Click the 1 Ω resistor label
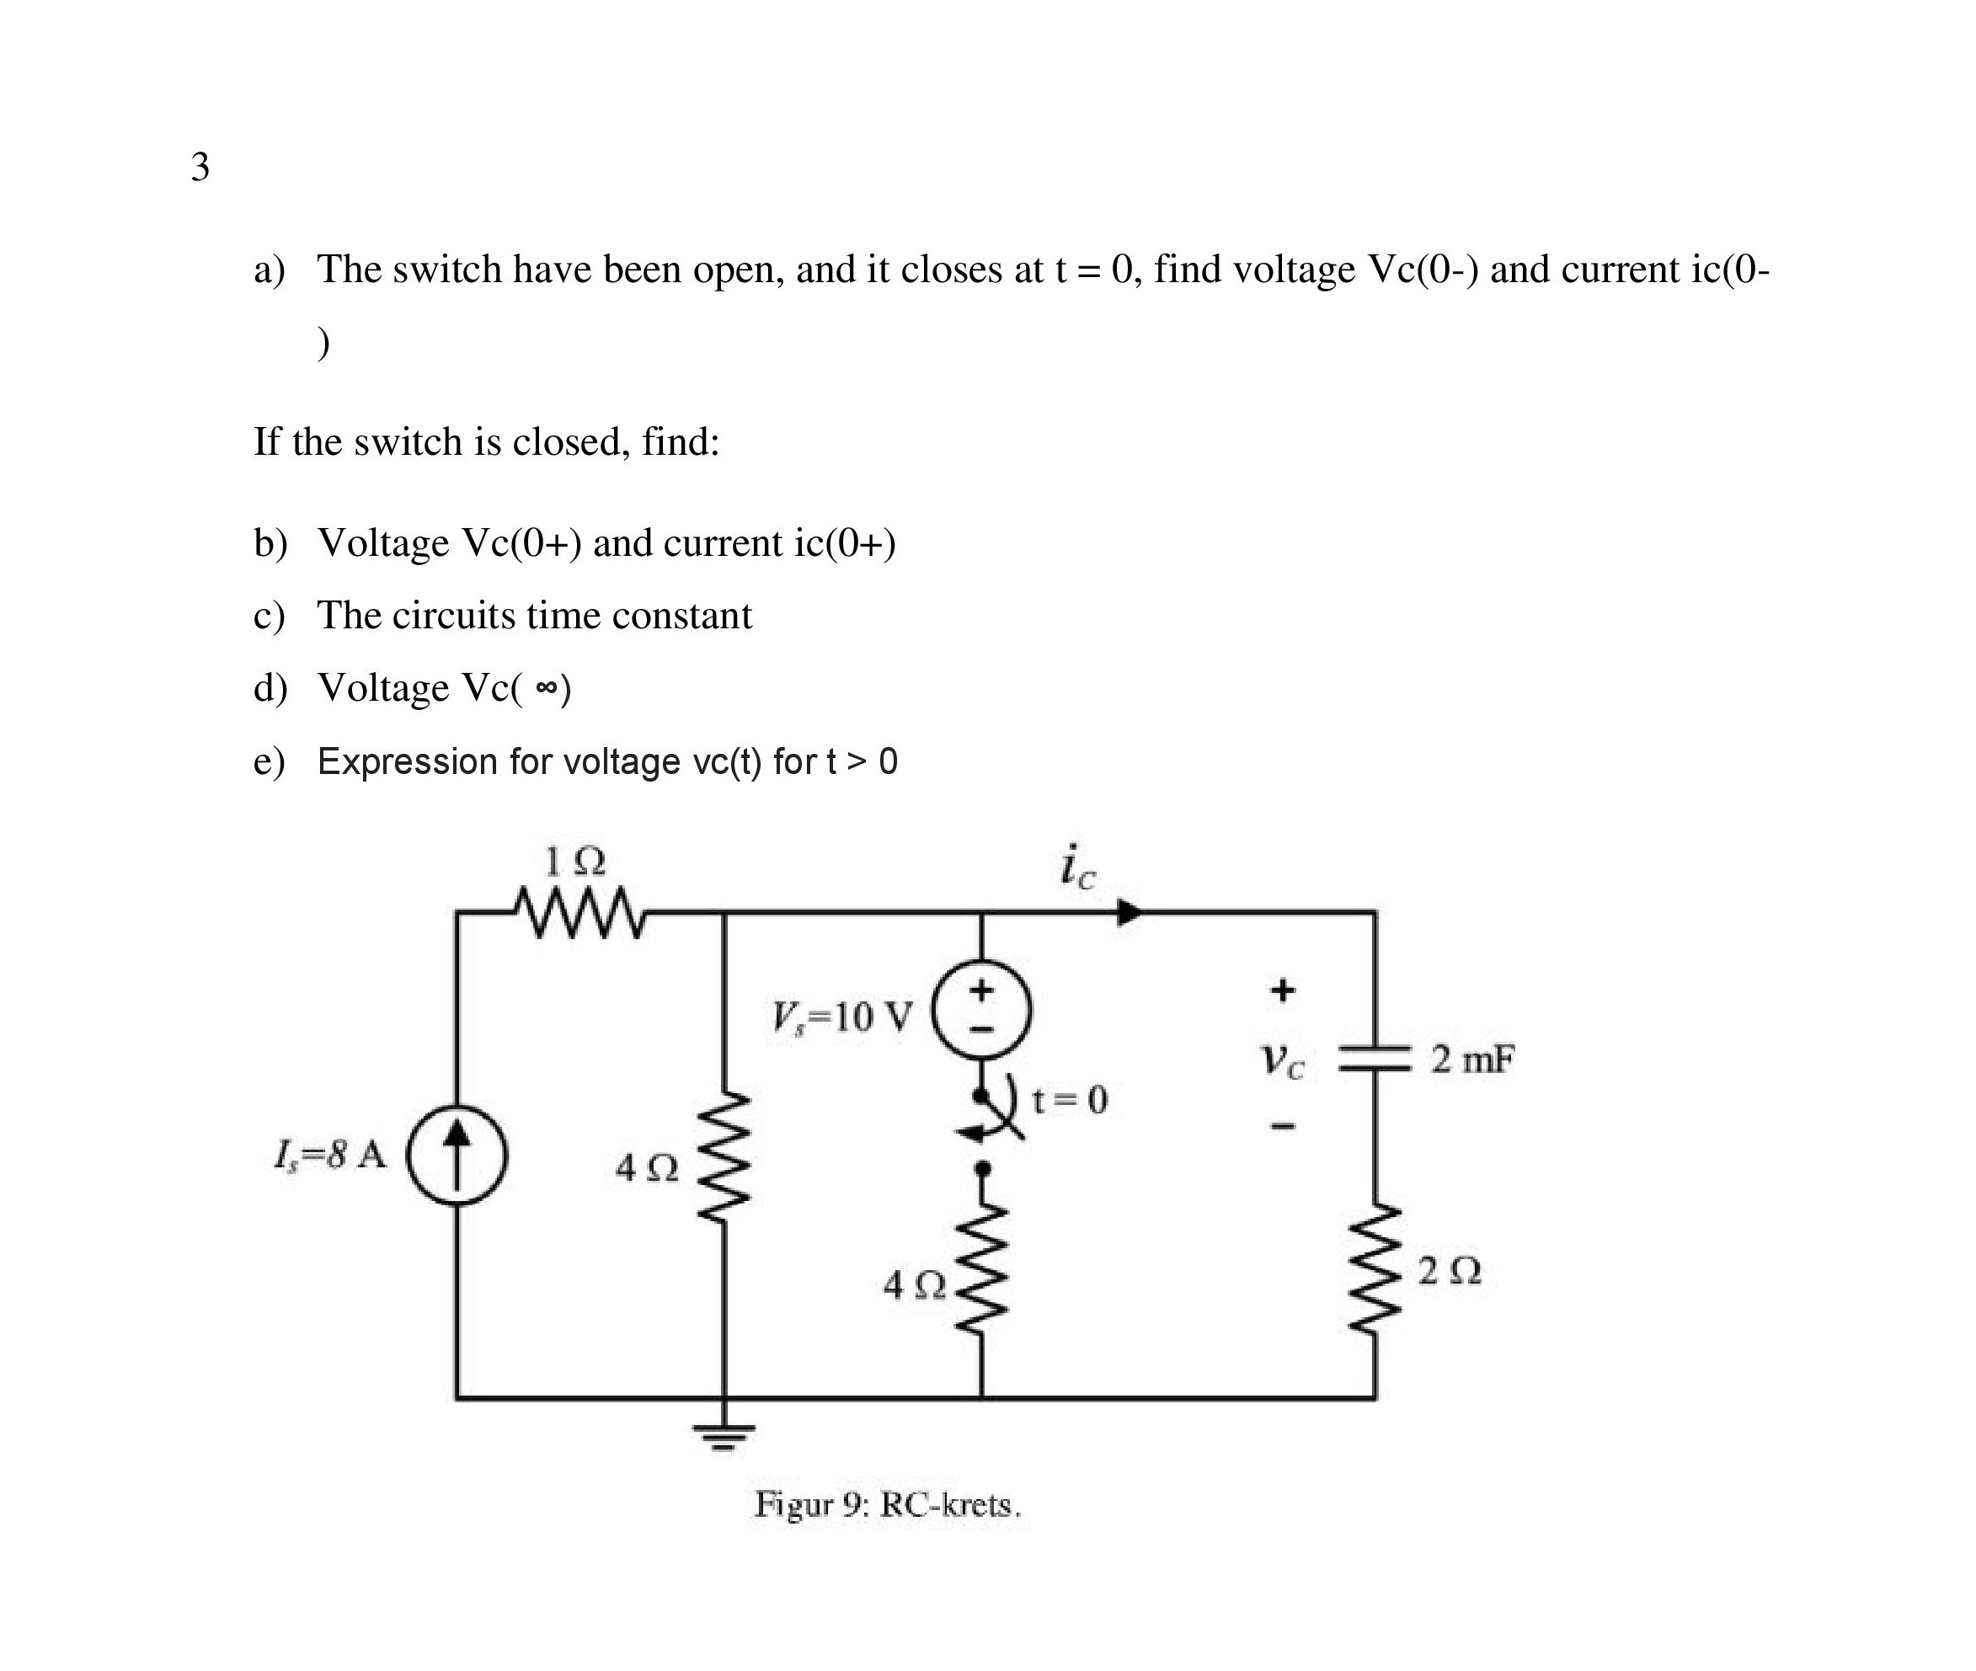click(x=574, y=861)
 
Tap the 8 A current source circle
click(x=457, y=1156)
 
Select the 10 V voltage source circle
click(x=982, y=1010)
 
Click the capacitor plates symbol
click(x=1375, y=1058)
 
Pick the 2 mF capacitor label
click(x=1472, y=1059)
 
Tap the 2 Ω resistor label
click(x=1450, y=1271)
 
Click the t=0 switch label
click(x=1070, y=1100)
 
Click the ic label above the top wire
click(x=1078, y=867)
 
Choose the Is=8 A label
click(x=330, y=1155)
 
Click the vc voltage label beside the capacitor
click(x=1283, y=1060)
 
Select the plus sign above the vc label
click(x=1283, y=990)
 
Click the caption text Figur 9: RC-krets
click(x=888, y=1505)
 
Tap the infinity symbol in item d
click(x=546, y=689)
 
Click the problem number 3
click(x=200, y=168)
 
